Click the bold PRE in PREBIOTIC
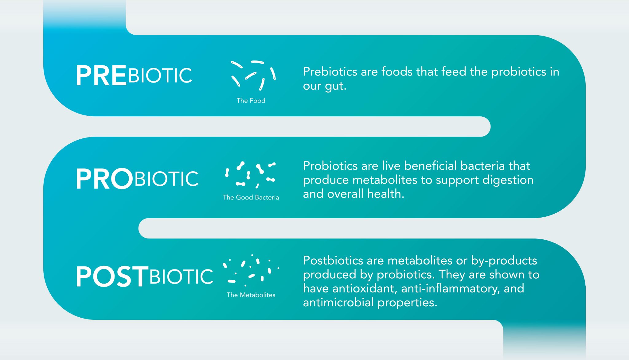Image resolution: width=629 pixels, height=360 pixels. pos(101,75)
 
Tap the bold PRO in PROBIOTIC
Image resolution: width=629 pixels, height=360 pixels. pos(104,179)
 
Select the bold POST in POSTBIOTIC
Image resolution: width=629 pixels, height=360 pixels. pos(112,277)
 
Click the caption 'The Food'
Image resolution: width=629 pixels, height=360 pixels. pos(251,101)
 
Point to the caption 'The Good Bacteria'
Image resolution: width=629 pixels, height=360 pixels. pos(251,197)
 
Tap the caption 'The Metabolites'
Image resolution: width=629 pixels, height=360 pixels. pos(251,295)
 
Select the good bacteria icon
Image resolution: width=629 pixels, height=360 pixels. pos(250,175)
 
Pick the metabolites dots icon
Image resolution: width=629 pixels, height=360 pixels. pos(251,270)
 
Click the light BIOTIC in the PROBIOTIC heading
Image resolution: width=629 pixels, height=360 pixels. pos(166,179)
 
